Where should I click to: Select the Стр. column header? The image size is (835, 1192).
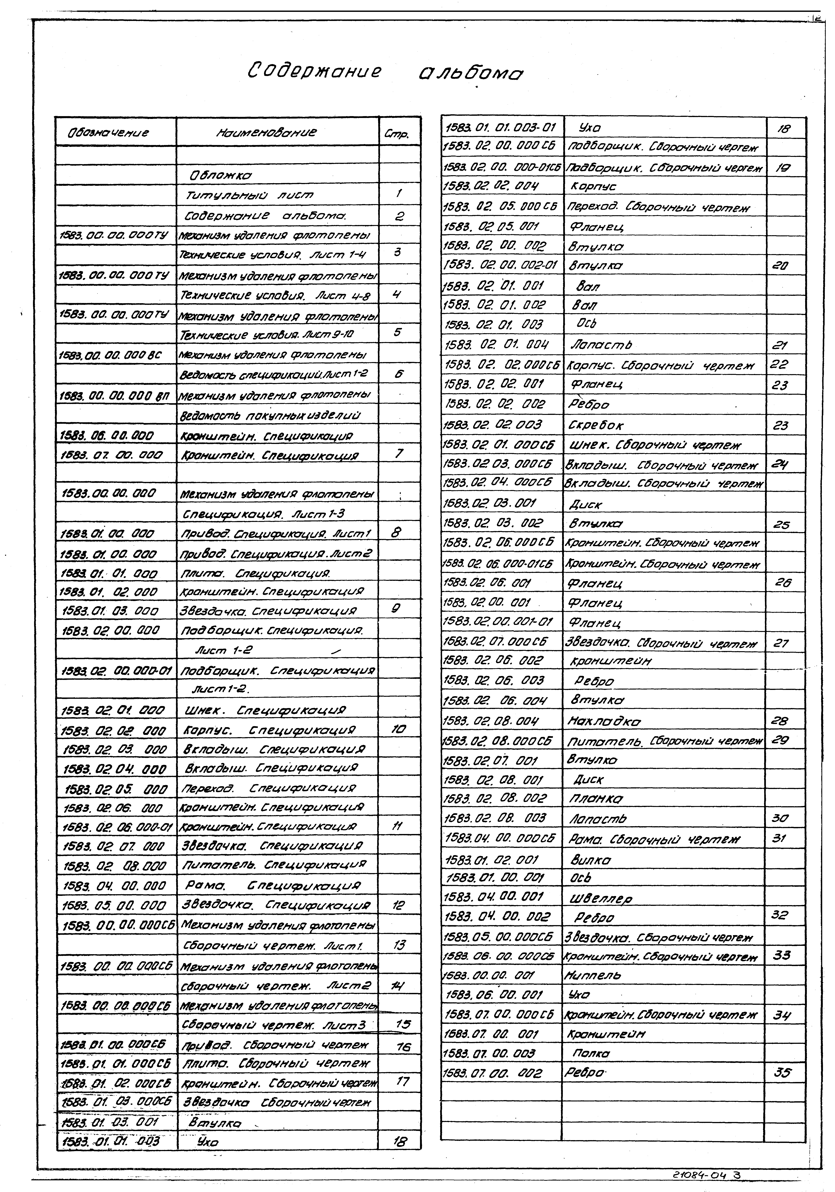point(397,134)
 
